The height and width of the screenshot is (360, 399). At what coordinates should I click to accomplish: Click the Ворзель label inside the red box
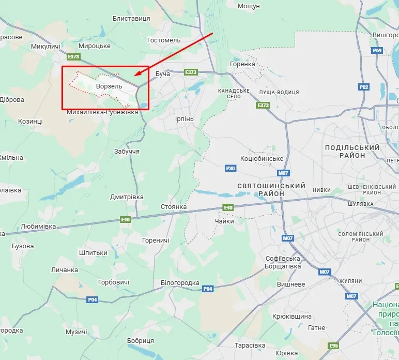[109, 86]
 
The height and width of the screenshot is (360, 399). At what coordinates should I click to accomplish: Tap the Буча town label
[163, 74]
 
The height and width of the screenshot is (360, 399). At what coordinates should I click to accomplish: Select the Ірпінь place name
[185, 119]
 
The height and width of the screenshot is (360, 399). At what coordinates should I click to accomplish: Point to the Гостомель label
[164, 40]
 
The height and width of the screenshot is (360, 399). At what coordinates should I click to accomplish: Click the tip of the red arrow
[135, 77]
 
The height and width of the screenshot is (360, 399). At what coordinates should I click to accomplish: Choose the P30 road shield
[231, 168]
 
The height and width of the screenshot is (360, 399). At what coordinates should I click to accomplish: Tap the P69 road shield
[377, 50]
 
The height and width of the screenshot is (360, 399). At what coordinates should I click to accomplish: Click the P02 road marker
[364, 87]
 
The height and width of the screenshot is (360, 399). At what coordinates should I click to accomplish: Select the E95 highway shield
[333, 346]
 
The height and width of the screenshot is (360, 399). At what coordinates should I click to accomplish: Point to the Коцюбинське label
[262, 158]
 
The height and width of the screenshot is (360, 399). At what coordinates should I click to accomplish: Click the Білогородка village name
[180, 283]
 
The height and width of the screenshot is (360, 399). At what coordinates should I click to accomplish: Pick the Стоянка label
[174, 207]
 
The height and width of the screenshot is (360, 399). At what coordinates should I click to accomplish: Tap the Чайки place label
[224, 221]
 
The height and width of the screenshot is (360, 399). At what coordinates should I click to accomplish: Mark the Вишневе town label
[291, 284]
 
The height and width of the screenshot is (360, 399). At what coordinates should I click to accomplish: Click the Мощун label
[249, 6]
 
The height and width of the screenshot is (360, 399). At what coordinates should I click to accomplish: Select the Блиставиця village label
[131, 19]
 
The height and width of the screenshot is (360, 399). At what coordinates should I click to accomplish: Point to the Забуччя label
[127, 152]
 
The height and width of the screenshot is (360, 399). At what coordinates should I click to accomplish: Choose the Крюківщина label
[292, 316]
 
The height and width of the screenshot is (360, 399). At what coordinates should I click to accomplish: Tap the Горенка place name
[242, 64]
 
